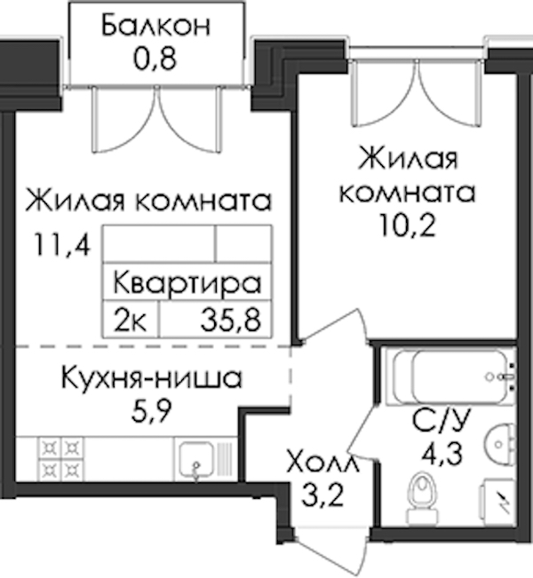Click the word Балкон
click(155, 26)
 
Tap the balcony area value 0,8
click(155, 58)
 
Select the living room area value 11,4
click(61, 245)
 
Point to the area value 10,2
click(407, 226)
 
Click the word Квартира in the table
click(187, 283)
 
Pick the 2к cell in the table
click(131, 320)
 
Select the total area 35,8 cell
click(231, 320)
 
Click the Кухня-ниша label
click(152, 378)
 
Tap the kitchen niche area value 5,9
click(152, 410)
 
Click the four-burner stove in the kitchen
click(61, 459)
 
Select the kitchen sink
click(196, 461)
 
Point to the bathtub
click(450, 376)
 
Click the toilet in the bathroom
click(423, 497)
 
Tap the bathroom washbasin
click(501, 443)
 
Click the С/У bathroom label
click(442, 421)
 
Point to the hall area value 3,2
click(323, 495)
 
